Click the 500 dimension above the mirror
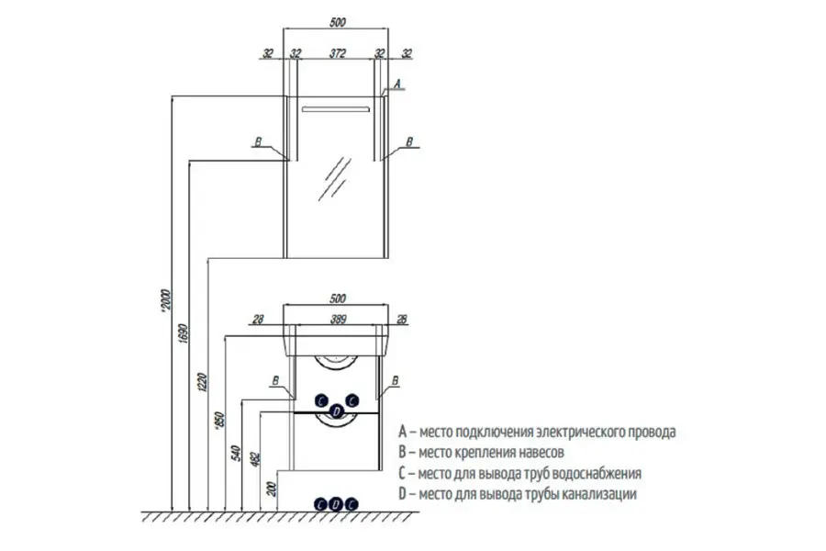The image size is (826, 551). pos(337,23)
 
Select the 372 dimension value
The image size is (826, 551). pos(337,53)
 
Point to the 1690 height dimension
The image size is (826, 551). pos(183,333)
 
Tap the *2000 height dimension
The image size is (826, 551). pos(166,301)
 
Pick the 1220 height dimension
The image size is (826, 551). pos(203,382)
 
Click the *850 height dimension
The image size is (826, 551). pos(220,419)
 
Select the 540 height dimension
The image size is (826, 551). pos(237,453)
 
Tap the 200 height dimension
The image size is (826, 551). pos(272,489)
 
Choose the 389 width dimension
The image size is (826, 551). pos(338,320)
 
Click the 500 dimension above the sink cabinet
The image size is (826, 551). pos(337,298)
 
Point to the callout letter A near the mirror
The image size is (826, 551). pos(397,84)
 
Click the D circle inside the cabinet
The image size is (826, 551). pos(337,410)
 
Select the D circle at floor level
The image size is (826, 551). pos(337,504)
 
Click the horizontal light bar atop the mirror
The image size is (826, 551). pos(336,109)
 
